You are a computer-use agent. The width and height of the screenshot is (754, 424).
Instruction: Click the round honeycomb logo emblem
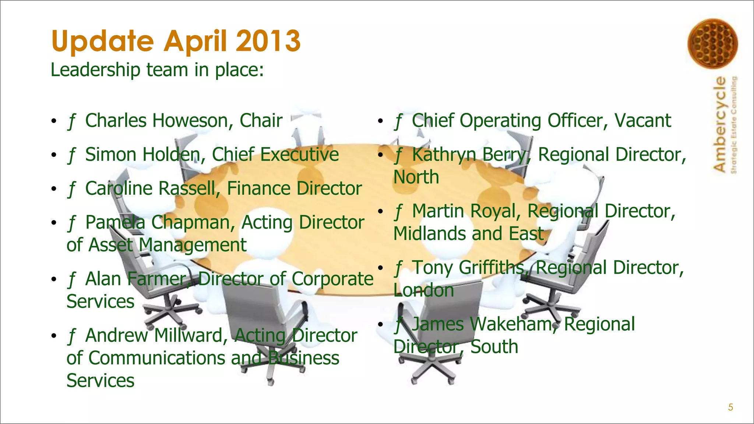(x=712, y=43)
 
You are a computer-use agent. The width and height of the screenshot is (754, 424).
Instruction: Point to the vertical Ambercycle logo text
(x=720, y=124)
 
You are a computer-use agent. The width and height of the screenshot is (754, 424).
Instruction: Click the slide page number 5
(x=730, y=407)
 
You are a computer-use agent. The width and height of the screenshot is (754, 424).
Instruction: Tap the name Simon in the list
(x=111, y=155)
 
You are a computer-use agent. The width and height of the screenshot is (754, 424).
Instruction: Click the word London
(x=423, y=290)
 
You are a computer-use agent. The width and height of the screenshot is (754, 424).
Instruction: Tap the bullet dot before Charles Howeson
(x=54, y=121)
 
